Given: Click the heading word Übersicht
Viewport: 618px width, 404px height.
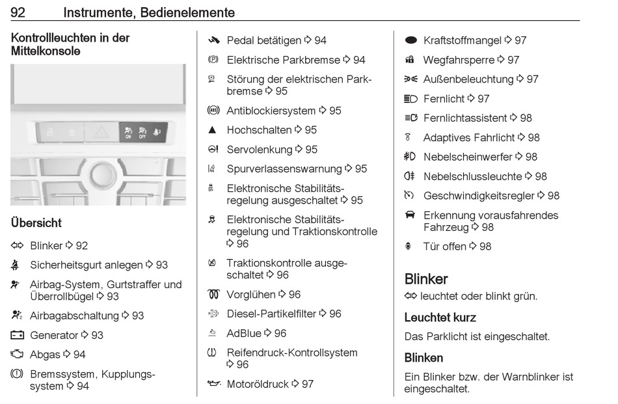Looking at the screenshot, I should click(x=36, y=222).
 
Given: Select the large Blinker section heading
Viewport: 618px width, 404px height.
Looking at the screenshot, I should click(x=426, y=279).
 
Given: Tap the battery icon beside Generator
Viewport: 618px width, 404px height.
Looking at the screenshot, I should click(x=17, y=335).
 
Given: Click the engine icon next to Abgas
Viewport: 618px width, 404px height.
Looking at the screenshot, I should click(x=17, y=355).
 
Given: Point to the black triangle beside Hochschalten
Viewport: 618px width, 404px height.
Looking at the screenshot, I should click(x=212, y=130).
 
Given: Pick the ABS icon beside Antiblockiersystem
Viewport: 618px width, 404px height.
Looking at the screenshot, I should click(x=212, y=111).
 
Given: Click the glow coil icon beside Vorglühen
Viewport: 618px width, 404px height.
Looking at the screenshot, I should click(x=213, y=295).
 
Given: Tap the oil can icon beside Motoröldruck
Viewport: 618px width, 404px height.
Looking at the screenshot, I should click(x=213, y=384).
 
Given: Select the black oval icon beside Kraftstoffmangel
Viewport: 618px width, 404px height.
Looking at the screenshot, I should click(x=410, y=40).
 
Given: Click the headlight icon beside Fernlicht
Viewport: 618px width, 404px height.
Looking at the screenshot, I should click(x=410, y=99).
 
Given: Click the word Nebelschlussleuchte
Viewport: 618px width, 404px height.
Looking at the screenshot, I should click(x=472, y=176).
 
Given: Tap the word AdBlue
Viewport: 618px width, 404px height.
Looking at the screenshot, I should click(x=244, y=333).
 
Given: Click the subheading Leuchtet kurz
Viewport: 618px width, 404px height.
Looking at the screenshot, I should click(x=440, y=318).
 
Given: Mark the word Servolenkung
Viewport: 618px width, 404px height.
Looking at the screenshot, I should click(x=260, y=150).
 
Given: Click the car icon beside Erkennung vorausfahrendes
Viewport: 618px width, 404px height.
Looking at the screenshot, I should click(x=410, y=215).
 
